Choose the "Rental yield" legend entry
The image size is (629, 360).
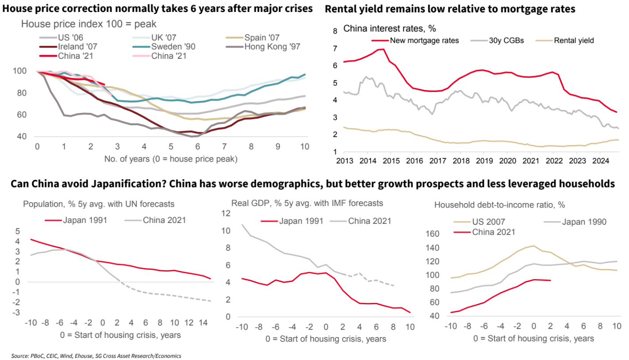(x=574, y=40)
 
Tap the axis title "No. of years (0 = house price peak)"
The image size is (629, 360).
(x=171, y=159)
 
